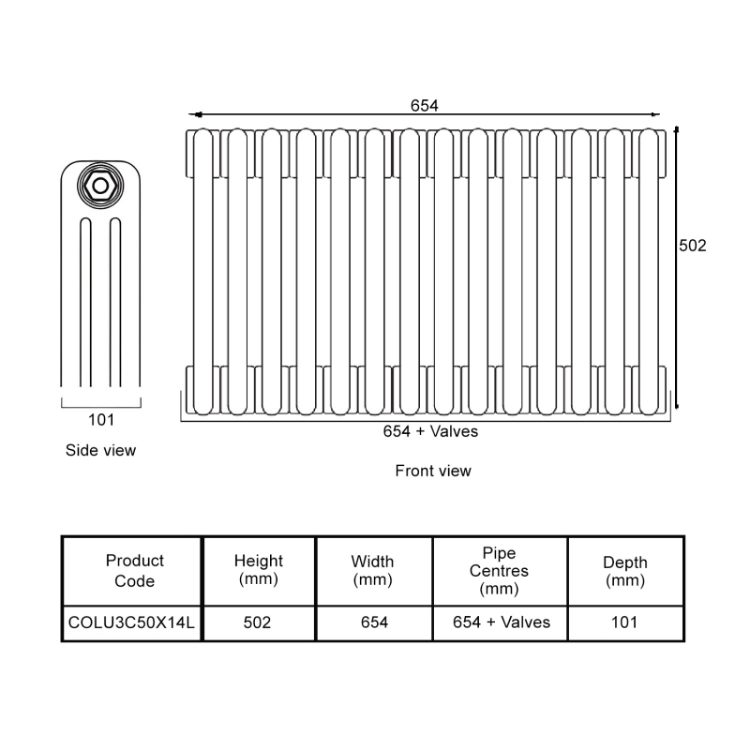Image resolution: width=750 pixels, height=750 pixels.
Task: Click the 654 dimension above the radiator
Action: [425, 105]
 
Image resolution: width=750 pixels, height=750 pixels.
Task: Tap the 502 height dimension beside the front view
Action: [692, 246]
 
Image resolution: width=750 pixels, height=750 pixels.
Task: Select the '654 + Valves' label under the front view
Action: [430, 431]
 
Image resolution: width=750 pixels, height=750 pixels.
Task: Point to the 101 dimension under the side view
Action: [101, 419]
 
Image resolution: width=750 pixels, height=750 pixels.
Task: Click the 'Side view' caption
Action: [100, 450]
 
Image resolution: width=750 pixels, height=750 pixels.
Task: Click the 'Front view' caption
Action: [433, 471]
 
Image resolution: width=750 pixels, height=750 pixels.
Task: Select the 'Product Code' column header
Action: [134, 570]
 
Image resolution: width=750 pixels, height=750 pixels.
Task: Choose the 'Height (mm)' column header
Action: [258, 570]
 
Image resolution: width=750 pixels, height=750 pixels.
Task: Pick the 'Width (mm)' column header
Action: [372, 570]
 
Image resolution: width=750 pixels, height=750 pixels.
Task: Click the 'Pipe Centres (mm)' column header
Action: [499, 571]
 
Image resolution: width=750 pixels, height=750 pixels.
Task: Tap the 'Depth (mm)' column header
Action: [624, 571]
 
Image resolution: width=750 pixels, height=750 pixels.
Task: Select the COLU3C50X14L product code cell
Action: [132, 622]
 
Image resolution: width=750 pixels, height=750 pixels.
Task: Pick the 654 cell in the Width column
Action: [372, 622]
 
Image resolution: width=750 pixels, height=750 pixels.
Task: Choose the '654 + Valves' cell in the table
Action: [501, 622]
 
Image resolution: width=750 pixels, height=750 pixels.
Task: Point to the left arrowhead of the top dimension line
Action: [196, 114]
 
